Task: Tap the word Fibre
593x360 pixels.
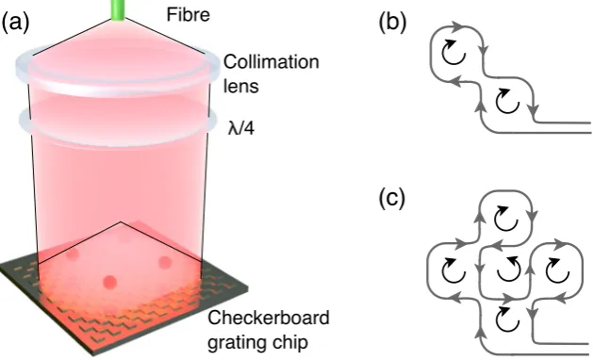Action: point(189,15)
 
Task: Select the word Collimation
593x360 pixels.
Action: point(272,62)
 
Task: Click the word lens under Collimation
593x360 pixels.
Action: point(241,86)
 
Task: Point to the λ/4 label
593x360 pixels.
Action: point(241,128)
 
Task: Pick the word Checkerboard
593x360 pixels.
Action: point(269,318)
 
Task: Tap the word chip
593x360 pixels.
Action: point(289,342)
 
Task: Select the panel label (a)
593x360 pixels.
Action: point(15,24)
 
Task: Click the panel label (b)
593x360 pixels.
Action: point(392,23)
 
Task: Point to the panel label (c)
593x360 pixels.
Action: point(392,199)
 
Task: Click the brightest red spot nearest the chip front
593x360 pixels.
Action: point(109,282)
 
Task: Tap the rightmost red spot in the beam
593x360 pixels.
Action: point(165,262)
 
